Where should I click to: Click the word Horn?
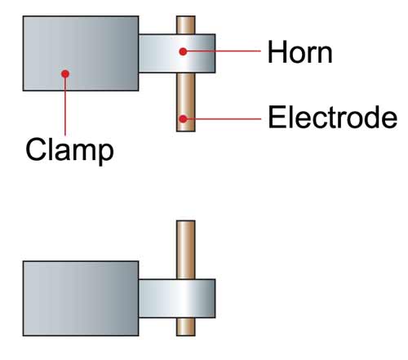299,52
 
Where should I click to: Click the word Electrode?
332,117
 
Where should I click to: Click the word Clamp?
69,151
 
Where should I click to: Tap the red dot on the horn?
183,51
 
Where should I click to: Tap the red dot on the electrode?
183,118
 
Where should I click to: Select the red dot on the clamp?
65,73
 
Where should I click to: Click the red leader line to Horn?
222,51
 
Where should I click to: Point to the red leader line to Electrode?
222,118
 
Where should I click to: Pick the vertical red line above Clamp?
65,104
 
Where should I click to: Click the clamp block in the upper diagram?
81,53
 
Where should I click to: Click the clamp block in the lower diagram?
81,299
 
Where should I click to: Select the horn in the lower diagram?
177,298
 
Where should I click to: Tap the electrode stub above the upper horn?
186,25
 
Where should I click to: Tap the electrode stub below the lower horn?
186,327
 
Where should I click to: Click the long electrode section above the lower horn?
186,250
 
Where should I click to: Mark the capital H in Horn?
277,52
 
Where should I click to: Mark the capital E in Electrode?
276,117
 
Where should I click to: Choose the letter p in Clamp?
105,154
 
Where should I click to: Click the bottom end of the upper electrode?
186,131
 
